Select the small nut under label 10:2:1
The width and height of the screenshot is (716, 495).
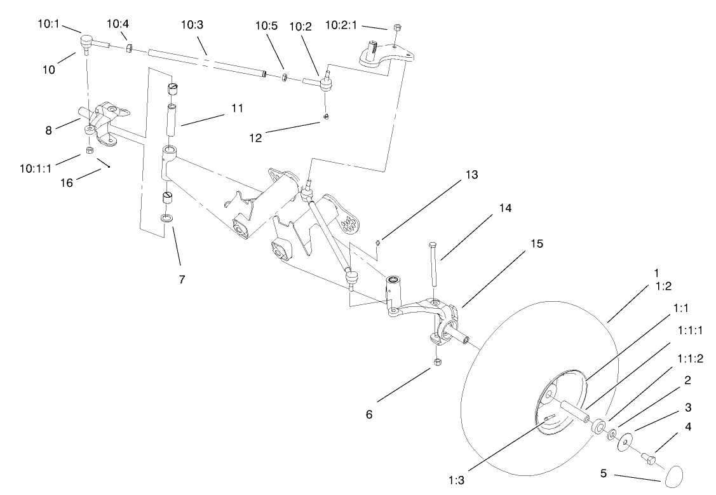(396, 27)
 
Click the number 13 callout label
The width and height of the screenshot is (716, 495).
(471, 174)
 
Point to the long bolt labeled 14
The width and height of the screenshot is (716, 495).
(432, 264)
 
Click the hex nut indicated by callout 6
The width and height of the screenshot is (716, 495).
(437, 362)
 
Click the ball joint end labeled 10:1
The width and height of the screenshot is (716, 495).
(88, 43)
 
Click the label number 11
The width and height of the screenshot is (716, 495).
(237, 108)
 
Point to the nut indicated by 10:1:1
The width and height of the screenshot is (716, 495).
(90, 150)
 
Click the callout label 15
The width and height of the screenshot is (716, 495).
(539, 243)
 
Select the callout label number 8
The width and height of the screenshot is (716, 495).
(48, 132)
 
